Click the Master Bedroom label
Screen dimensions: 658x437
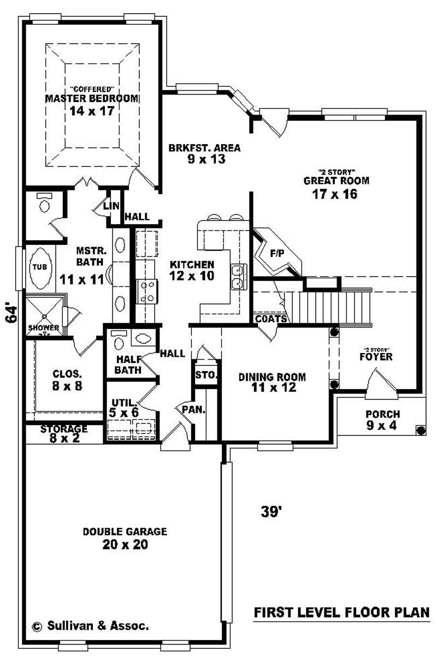coord(92,99)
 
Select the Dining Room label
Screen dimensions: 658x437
coord(272,377)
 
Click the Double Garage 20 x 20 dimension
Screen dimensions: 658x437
coord(125,545)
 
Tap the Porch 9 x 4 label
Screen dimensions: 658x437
coord(383,420)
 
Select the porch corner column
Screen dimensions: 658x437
coord(420,430)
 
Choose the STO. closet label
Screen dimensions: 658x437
coord(206,375)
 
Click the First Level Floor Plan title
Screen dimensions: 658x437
coord(341,613)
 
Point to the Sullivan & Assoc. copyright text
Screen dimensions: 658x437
coord(90,626)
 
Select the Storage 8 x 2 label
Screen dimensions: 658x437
coord(63,433)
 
